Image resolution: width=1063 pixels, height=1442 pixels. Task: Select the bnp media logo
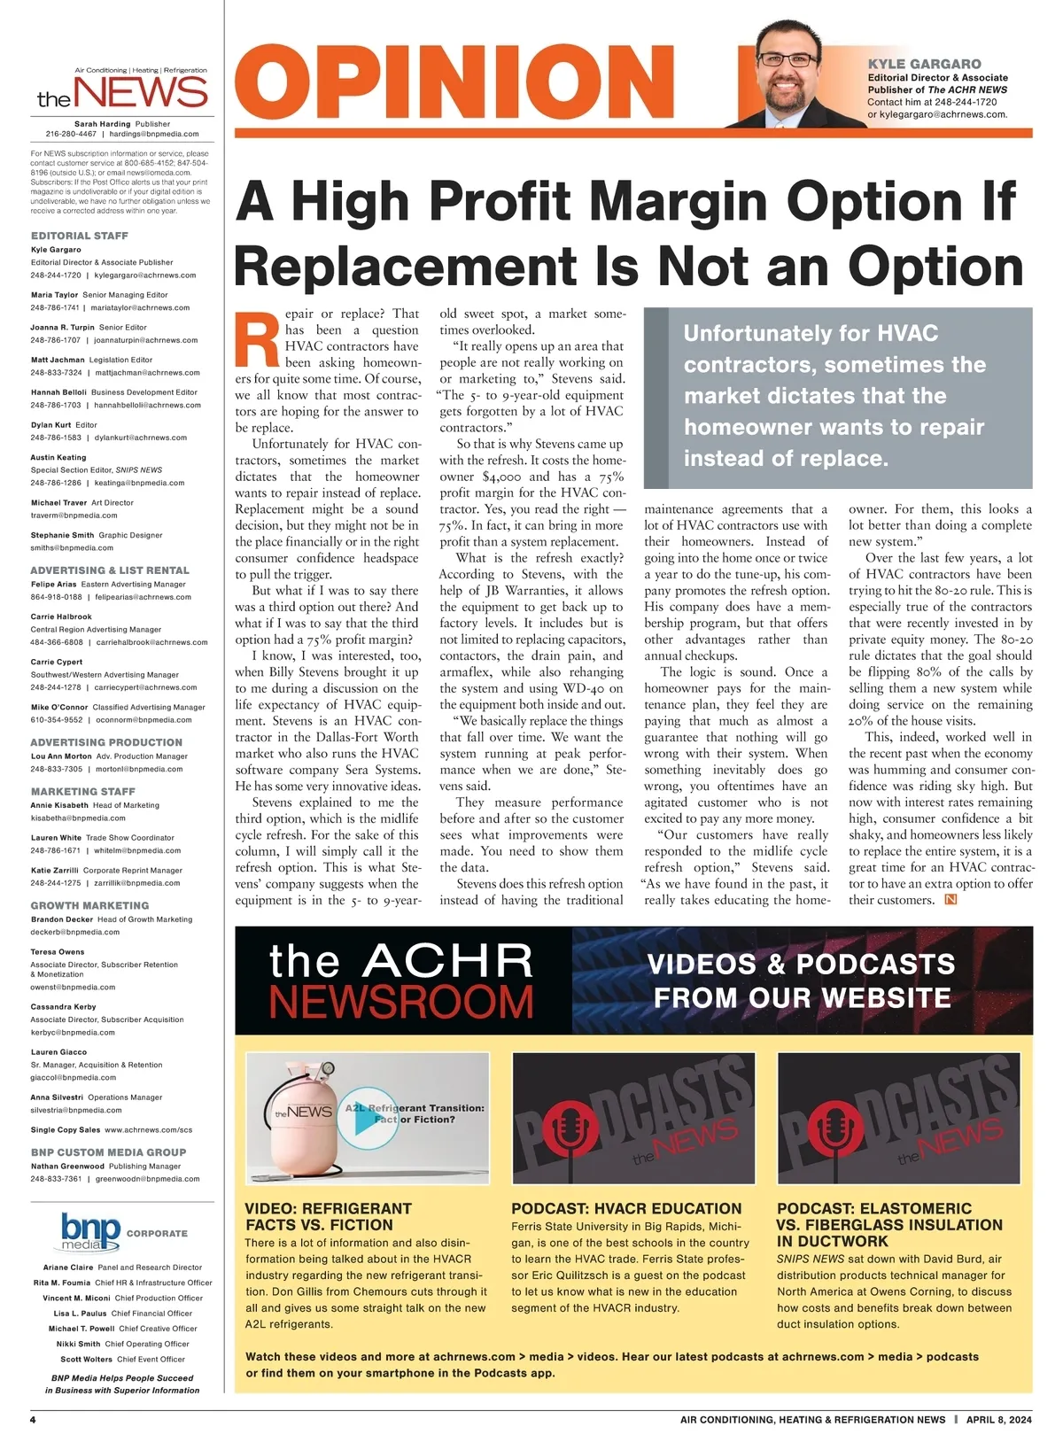(90, 1232)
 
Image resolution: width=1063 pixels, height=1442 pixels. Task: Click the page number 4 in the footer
(33, 1420)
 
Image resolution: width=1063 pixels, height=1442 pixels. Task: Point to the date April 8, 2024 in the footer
(998, 1420)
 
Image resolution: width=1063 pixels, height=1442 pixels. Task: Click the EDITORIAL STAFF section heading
(80, 236)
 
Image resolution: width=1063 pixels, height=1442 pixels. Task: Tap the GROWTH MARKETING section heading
(89, 905)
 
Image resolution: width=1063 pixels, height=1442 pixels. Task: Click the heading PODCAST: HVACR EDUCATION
(626, 1208)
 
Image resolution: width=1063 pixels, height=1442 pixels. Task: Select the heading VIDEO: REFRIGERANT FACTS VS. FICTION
(328, 1217)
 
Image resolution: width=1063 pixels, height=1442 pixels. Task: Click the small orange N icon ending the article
(951, 900)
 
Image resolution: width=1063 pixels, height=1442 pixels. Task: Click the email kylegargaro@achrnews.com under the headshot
(937, 114)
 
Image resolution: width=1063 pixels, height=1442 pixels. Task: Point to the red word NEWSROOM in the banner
(400, 1003)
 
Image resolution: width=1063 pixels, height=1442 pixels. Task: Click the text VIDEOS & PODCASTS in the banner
(801, 964)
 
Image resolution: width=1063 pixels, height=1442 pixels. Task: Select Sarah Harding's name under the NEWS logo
(103, 124)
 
